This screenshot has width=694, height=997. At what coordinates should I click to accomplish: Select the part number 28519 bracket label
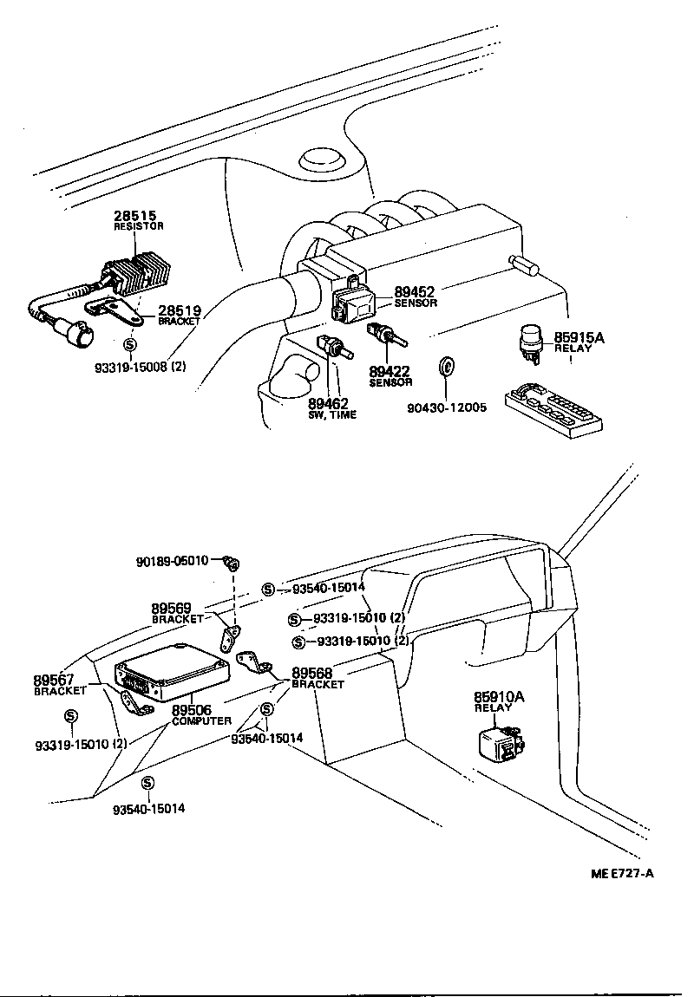point(179,310)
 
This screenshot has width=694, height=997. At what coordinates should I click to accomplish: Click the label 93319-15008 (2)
point(140,366)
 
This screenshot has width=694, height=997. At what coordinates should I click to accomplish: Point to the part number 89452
point(415,292)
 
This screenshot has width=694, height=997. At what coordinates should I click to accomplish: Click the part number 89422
point(389,371)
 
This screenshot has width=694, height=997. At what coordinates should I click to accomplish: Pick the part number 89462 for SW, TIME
point(328,403)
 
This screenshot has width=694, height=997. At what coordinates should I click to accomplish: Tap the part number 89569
point(170,609)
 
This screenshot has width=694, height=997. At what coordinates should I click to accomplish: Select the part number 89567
point(53,680)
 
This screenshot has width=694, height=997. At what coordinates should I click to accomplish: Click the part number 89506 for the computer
point(192,710)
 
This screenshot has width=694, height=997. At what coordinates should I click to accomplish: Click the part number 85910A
point(499,696)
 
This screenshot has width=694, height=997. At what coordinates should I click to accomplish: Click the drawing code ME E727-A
point(622,873)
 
